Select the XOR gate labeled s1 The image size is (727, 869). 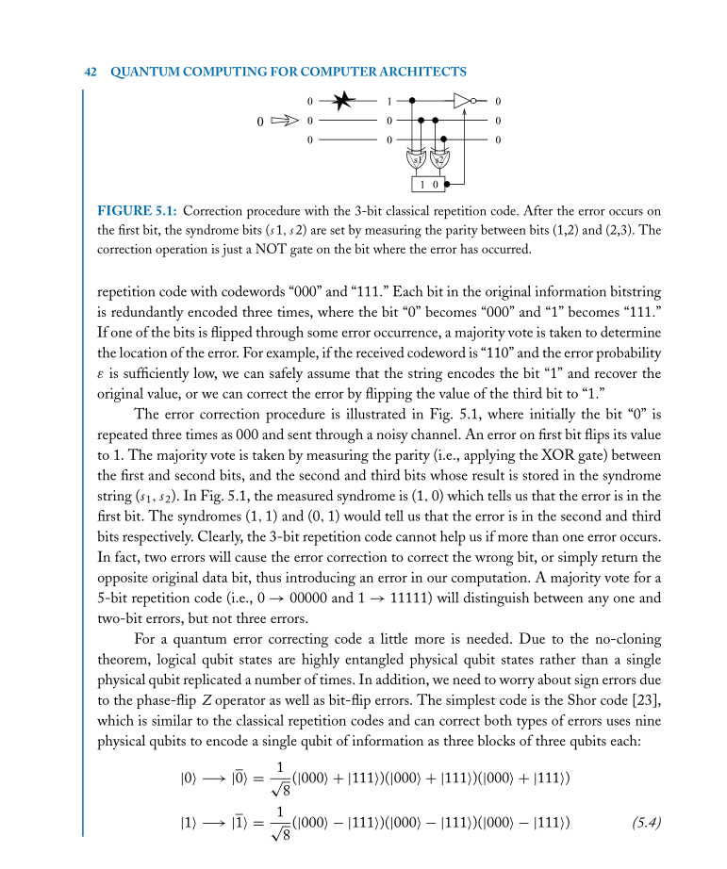[416, 156]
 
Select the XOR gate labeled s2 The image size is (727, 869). [439, 156]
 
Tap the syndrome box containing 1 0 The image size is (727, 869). [427, 184]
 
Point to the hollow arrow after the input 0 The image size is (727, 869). [285, 121]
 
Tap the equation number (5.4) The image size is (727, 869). [645, 823]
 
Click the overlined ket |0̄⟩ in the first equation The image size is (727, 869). [232, 779]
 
